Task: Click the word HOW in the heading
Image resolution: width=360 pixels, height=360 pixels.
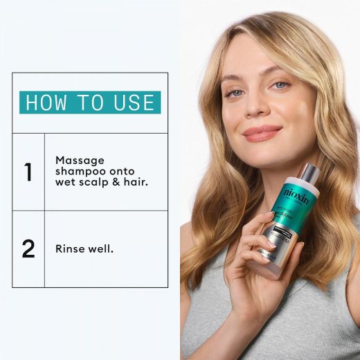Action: pyautogui.click(x=47, y=102)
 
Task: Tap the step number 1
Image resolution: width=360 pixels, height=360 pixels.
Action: pyautogui.click(x=28, y=172)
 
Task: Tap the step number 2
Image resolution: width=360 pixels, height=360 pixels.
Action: pyautogui.click(x=28, y=249)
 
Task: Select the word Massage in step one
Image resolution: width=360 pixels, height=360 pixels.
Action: pyautogui.click(x=78, y=160)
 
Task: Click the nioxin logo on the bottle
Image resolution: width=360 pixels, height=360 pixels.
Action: pyautogui.click(x=298, y=192)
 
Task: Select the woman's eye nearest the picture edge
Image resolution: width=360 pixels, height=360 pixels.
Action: pyautogui.click(x=280, y=85)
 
